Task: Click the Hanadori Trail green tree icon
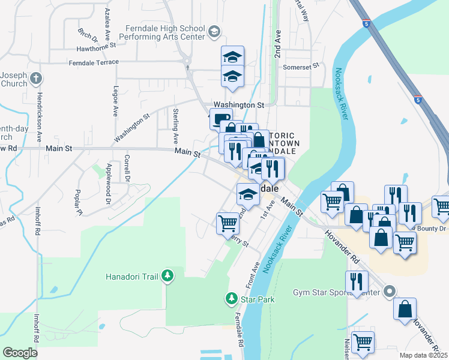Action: [x=168, y=276]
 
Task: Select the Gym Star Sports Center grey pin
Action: [x=390, y=292]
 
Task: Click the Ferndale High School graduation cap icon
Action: [x=214, y=31]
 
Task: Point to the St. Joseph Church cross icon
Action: [x=36, y=78]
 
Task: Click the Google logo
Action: [x=20, y=352]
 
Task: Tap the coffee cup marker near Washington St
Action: [x=220, y=118]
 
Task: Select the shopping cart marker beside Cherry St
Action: [x=228, y=223]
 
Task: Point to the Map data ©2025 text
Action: [x=424, y=355]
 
